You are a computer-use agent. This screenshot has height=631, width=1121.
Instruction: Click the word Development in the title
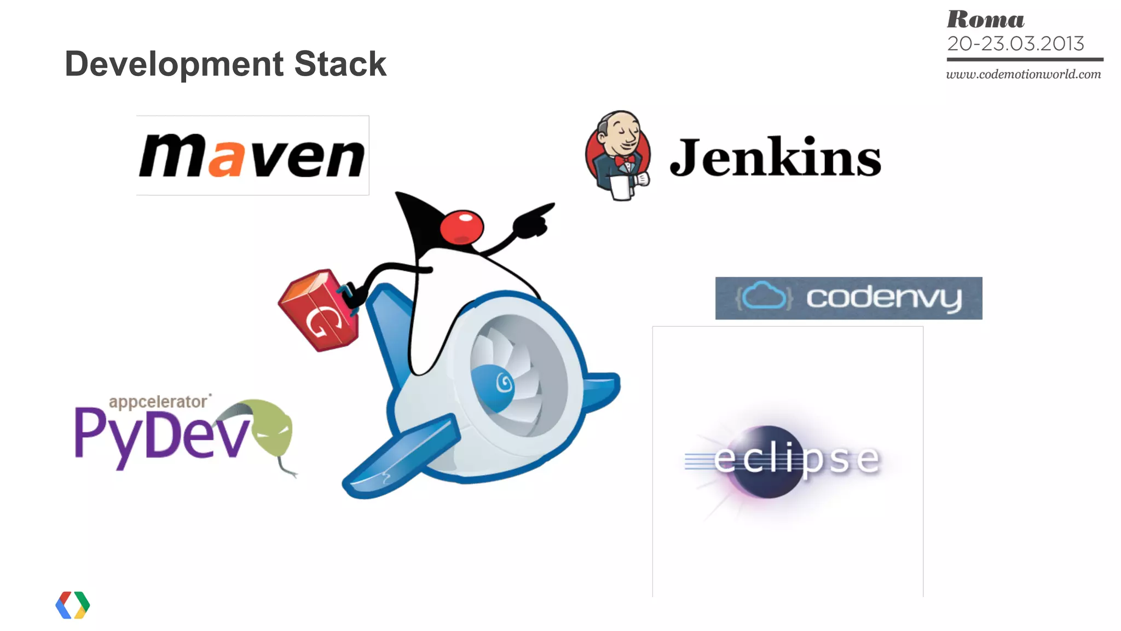click(174, 65)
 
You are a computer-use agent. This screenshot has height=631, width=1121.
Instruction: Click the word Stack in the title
click(340, 64)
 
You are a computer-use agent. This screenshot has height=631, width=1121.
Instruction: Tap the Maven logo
click(252, 156)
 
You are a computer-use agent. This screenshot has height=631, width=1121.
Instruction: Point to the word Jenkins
click(775, 158)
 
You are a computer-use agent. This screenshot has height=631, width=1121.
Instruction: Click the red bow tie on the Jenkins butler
click(625, 161)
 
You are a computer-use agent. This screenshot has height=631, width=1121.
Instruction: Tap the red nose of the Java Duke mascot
click(462, 227)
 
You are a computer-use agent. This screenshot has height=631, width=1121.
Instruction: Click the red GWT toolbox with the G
click(319, 310)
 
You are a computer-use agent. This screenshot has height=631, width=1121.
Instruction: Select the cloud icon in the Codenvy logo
click(764, 297)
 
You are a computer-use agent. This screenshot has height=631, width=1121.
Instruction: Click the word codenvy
click(883, 298)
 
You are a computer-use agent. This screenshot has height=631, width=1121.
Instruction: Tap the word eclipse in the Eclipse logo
click(797, 459)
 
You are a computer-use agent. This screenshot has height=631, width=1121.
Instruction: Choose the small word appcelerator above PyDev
click(158, 402)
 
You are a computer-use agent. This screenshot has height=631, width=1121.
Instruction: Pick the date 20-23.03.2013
click(1015, 44)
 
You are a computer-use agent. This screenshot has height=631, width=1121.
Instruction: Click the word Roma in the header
click(985, 20)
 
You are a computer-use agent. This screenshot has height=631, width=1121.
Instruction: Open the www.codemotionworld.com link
click(1023, 74)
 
